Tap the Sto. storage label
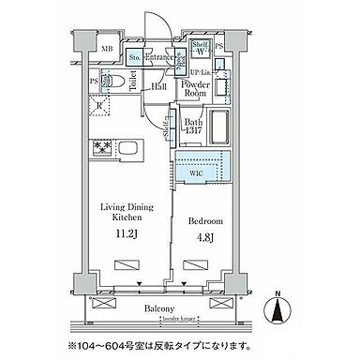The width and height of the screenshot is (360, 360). [x=134, y=57]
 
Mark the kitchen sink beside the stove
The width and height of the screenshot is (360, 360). [x=131, y=148]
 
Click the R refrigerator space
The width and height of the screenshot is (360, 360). [x=99, y=106]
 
